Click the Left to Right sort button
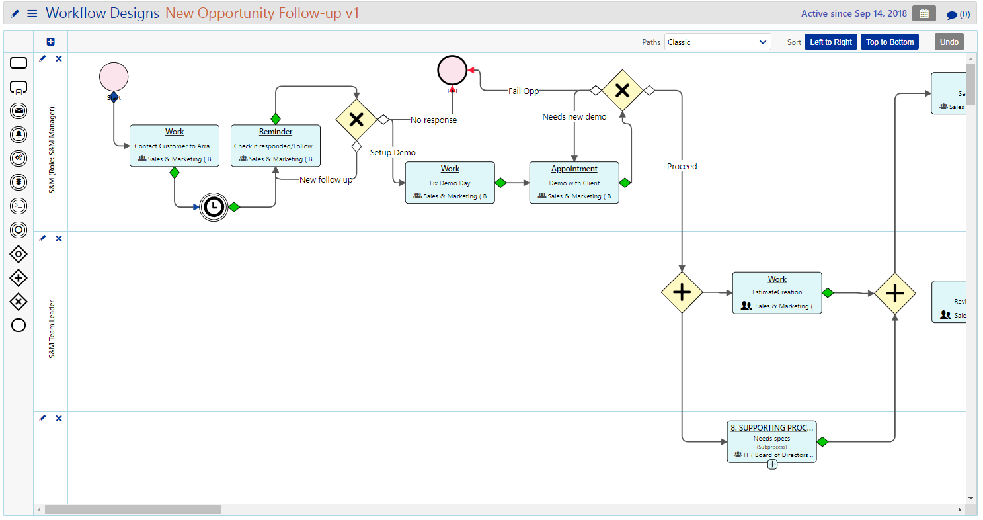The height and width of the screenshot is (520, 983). [x=831, y=42]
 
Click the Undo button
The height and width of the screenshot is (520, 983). [x=949, y=42]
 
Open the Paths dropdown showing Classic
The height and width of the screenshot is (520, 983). [x=717, y=42]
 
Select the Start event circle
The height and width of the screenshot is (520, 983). [x=114, y=77]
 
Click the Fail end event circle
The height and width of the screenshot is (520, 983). [x=452, y=70]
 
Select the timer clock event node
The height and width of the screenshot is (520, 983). [x=213, y=207]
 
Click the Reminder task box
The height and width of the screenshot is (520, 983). [x=276, y=146]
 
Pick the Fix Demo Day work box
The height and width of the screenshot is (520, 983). [x=450, y=183]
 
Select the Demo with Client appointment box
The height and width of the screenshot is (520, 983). [x=574, y=183]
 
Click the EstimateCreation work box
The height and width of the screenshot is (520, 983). [x=777, y=292]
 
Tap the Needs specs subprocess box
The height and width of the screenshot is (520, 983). [x=771, y=441]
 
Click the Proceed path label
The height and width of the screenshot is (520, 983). [x=682, y=167]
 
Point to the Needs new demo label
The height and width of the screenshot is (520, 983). [x=574, y=117]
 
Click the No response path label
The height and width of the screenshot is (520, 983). [x=433, y=120]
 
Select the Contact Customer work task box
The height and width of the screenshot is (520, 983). [x=175, y=146]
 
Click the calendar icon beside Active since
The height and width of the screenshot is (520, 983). [x=924, y=13]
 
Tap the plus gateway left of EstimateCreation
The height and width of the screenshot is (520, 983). [x=682, y=292]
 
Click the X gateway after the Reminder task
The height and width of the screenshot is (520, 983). [x=356, y=120]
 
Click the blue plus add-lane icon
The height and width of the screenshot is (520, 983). [x=51, y=42]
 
